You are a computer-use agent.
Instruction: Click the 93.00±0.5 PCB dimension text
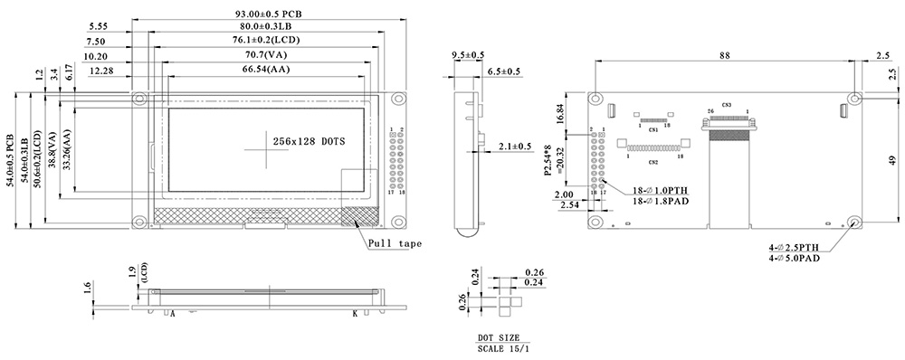coord(269,14)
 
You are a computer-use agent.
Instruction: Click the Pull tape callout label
coord(395,242)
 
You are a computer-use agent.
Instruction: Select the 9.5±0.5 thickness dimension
coord(468,55)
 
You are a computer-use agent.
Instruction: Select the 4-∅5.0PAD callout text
coord(796,258)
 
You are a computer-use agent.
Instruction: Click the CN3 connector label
coord(727,105)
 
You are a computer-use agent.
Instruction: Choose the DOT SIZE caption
coord(499,336)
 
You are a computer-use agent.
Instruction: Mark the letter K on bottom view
coord(354,314)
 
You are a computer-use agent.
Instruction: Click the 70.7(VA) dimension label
coord(269,55)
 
